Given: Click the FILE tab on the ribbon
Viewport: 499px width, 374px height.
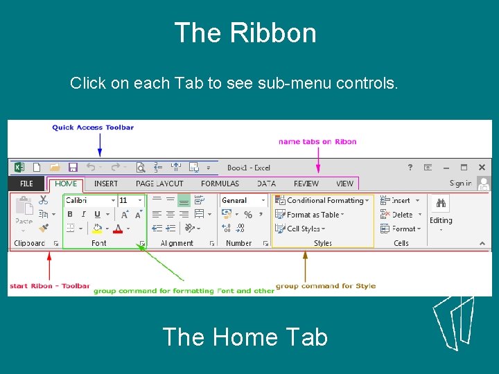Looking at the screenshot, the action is (x=26, y=184).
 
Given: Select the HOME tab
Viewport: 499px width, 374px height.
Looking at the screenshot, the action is (x=66, y=184).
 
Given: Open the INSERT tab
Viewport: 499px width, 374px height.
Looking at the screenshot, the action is (x=106, y=184).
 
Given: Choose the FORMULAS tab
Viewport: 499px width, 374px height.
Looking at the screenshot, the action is (x=220, y=184).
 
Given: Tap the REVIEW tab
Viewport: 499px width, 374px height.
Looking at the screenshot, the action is (x=306, y=184).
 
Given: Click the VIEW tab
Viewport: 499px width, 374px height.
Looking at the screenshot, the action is (x=344, y=184).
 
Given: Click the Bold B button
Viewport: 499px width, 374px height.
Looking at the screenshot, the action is (x=70, y=214).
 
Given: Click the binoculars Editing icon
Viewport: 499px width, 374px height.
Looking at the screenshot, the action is (x=441, y=202).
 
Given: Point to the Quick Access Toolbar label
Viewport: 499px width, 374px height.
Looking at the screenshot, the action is (x=93, y=127).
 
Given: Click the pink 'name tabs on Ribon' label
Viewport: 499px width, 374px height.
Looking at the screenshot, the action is (x=317, y=141).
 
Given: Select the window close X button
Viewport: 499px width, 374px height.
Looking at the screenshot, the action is (x=481, y=167).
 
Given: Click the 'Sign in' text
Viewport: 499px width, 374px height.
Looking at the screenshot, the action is (x=460, y=184).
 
